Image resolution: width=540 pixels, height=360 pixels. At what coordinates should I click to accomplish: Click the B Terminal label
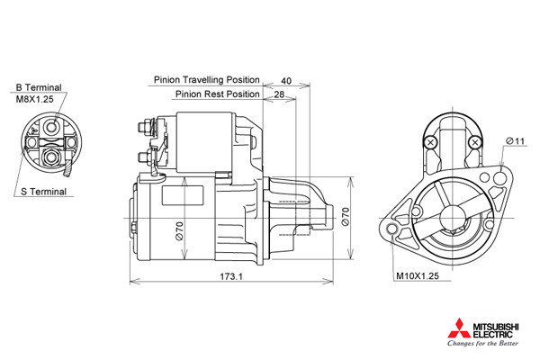(x=38, y=87)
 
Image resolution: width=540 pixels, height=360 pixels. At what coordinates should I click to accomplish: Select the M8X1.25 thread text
(x=35, y=99)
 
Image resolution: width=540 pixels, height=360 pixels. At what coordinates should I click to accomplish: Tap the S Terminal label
(x=43, y=192)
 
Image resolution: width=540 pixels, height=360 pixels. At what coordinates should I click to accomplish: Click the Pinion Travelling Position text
(x=207, y=80)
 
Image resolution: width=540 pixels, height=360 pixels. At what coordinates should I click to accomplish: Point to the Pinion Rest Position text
(x=217, y=94)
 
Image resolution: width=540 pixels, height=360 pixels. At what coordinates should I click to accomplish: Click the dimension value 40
(x=286, y=81)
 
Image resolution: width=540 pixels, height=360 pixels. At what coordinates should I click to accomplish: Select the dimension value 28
(x=279, y=94)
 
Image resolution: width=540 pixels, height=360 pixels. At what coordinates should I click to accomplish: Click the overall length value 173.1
(x=231, y=276)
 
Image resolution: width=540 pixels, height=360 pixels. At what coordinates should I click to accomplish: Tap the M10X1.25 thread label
(x=418, y=276)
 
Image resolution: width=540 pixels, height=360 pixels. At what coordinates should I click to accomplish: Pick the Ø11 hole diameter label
(x=515, y=141)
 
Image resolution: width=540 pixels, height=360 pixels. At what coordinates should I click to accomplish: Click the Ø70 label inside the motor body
(x=179, y=230)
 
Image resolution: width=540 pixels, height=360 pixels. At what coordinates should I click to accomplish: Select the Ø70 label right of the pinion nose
(x=346, y=216)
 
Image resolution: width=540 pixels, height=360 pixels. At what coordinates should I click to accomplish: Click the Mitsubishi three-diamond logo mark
(x=459, y=328)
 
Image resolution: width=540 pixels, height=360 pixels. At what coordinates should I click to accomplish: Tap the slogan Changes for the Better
(x=482, y=343)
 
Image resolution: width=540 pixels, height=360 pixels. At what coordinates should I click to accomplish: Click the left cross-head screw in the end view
(x=430, y=142)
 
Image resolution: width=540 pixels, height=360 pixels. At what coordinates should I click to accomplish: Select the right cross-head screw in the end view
(x=475, y=142)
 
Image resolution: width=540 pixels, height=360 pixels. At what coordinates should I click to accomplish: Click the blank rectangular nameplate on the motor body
(x=183, y=195)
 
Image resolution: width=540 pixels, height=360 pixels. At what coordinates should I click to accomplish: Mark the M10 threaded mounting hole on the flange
(x=391, y=229)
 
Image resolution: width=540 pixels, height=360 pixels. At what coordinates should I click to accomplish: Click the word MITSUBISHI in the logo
(x=496, y=327)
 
